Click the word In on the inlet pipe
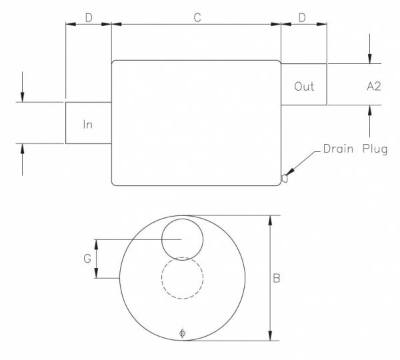(x=88, y=124)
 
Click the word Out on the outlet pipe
(x=304, y=87)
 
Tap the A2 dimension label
(x=373, y=87)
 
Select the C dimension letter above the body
(x=197, y=17)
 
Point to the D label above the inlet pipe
(x=89, y=17)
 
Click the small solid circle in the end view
(x=183, y=238)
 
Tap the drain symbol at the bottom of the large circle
(x=183, y=333)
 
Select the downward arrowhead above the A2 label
(x=369, y=58)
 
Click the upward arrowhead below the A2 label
(x=369, y=111)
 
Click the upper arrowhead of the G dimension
(x=98, y=244)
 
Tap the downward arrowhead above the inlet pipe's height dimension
(x=23, y=97)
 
